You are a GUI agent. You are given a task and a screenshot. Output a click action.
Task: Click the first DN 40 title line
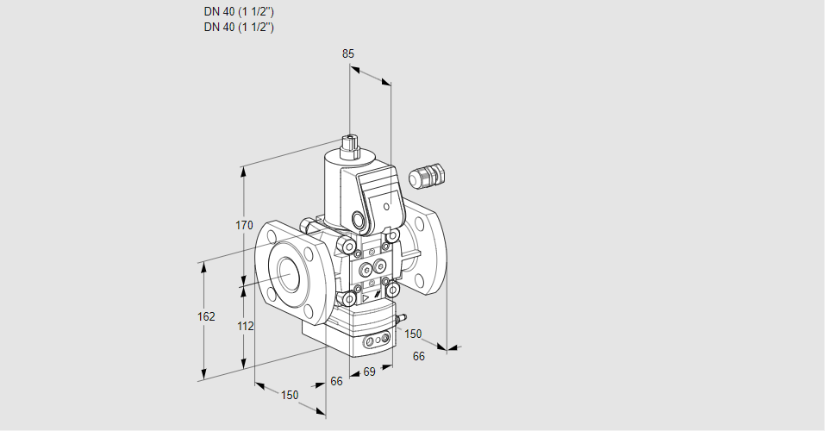pyautogui.click(x=239, y=12)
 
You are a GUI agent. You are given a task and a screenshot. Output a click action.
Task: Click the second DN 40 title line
pyautogui.click(x=239, y=27)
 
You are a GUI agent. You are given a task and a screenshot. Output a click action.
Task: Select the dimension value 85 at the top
pyautogui.click(x=348, y=53)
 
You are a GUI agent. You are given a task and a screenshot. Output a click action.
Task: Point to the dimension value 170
pyautogui.click(x=244, y=226)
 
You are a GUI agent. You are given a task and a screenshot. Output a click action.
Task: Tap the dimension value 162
pyautogui.click(x=206, y=316)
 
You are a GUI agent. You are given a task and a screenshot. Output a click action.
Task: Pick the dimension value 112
pyautogui.click(x=245, y=326)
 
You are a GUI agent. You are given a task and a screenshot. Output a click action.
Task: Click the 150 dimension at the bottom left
pyautogui.click(x=290, y=395)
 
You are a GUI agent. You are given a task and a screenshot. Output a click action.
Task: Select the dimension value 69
pyautogui.click(x=369, y=372)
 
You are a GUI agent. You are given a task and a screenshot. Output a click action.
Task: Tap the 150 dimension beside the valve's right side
pyautogui.click(x=414, y=334)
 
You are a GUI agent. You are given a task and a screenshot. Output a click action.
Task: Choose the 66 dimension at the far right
pyautogui.click(x=419, y=356)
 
